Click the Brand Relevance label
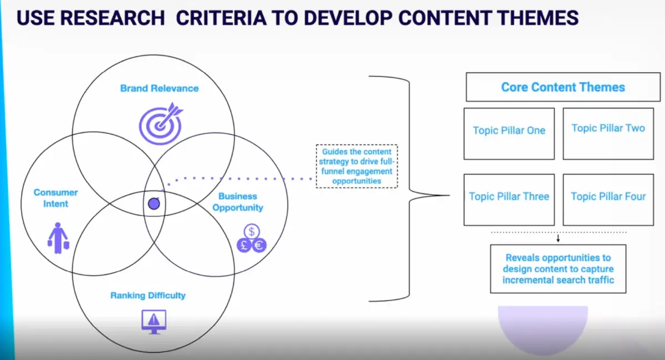click(159, 88)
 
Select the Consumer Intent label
click(55, 198)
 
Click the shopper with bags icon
click(58, 238)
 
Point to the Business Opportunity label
click(237, 202)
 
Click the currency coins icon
click(252, 239)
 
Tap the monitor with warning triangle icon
click(154, 321)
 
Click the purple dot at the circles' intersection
click(154, 204)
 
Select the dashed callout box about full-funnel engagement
click(356, 166)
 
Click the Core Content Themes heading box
click(562, 87)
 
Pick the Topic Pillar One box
click(509, 133)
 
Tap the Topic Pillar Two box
click(608, 133)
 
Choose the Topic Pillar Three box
click(509, 199)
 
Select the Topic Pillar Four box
click(608, 199)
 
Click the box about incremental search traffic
click(558, 269)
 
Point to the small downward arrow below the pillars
click(558, 239)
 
